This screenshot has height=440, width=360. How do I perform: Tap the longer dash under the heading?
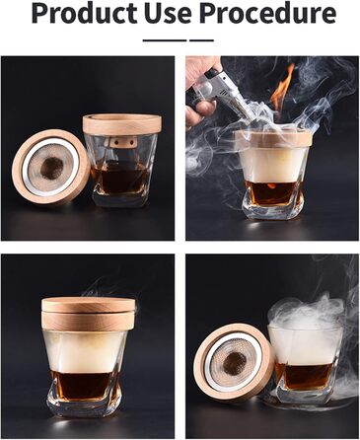coord(164,40)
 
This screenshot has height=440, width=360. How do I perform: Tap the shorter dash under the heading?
coord(201,40)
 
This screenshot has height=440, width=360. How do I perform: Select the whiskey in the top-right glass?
coord(273,192)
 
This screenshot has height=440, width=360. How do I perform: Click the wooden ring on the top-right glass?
coord(274,137)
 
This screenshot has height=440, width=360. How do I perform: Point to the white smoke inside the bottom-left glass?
coord(86,350)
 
